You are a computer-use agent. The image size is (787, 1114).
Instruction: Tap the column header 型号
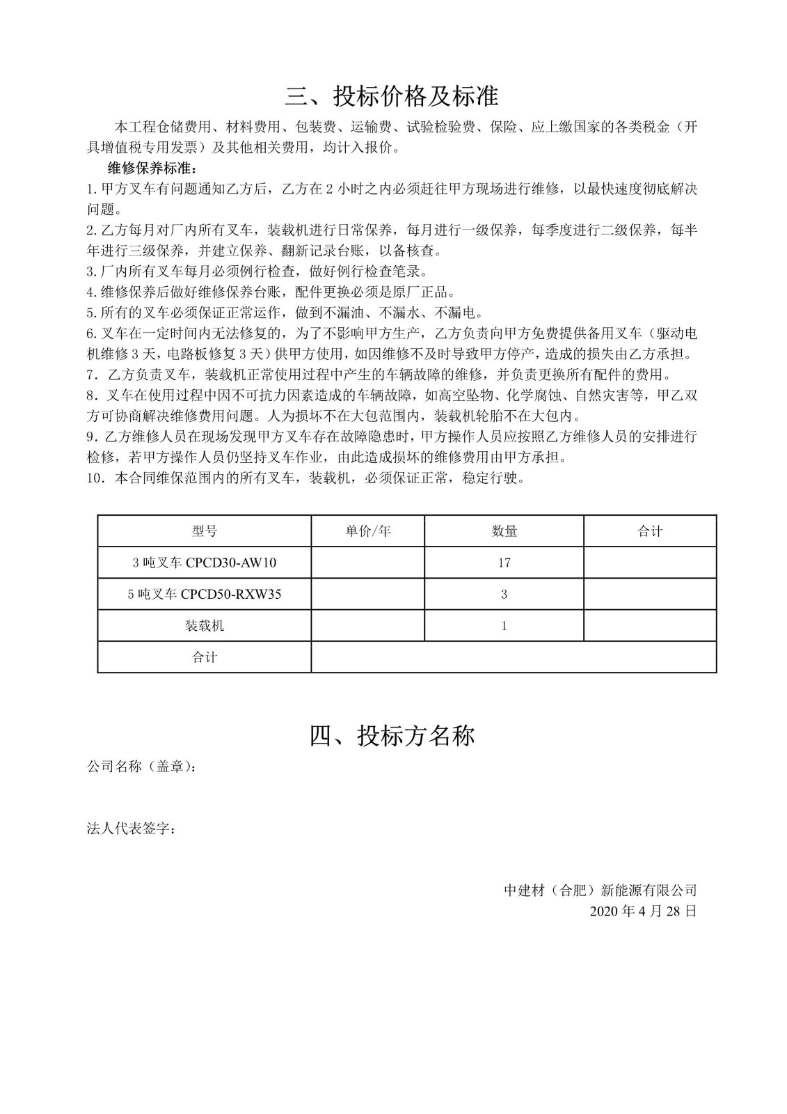point(204,531)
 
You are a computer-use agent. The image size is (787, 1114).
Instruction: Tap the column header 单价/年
point(367,531)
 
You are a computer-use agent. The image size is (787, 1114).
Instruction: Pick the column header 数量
point(504,531)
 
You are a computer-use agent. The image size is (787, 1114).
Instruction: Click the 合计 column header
point(650,531)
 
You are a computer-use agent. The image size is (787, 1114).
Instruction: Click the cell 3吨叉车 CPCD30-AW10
point(204,563)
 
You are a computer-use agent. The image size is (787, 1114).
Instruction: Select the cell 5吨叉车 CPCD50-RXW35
point(204,594)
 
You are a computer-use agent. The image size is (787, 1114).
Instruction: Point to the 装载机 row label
point(204,625)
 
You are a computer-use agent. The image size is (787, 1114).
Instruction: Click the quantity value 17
point(504,563)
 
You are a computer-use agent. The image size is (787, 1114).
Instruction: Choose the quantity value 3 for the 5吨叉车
point(504,594)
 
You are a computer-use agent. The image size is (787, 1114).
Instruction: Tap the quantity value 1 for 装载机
point(504,625)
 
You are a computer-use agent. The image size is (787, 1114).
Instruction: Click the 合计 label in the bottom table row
point(204,657)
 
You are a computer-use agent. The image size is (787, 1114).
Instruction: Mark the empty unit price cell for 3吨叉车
point(367,563)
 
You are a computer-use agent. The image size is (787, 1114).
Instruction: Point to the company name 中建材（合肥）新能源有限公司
point(601,890)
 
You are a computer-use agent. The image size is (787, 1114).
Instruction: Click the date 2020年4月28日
point(642,911)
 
